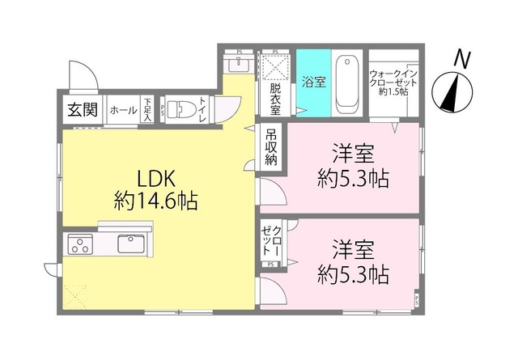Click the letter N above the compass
462,58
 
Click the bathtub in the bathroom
348,83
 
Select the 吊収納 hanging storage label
270,146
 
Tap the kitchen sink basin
130,244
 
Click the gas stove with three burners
80,244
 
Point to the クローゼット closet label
270,240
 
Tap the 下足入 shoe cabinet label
148,109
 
